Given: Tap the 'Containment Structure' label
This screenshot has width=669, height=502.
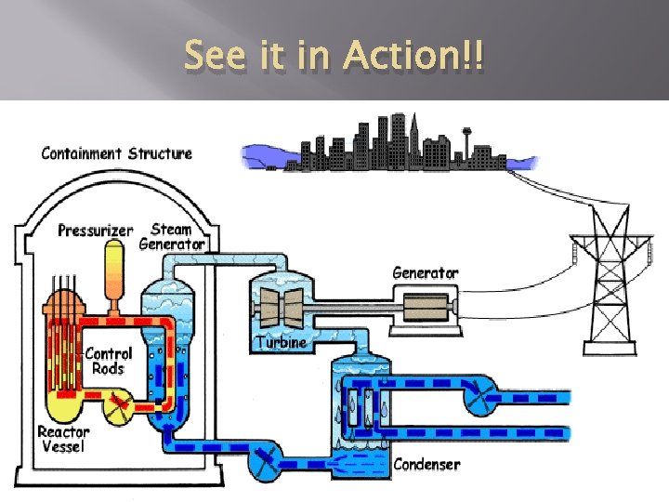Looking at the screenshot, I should point(117,153).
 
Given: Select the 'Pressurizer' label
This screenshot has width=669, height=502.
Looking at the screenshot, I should point(96,230).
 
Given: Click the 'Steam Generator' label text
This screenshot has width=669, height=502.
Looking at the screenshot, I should point(171,236).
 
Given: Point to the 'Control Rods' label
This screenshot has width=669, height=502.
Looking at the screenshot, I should point(109,361).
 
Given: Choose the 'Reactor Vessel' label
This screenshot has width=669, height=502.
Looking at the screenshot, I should point(63,439).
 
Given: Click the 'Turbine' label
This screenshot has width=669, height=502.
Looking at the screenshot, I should point(281,342).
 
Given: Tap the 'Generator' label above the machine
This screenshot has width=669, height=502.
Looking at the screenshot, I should point(425,273).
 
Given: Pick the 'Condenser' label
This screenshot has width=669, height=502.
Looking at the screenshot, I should point(426,464).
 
